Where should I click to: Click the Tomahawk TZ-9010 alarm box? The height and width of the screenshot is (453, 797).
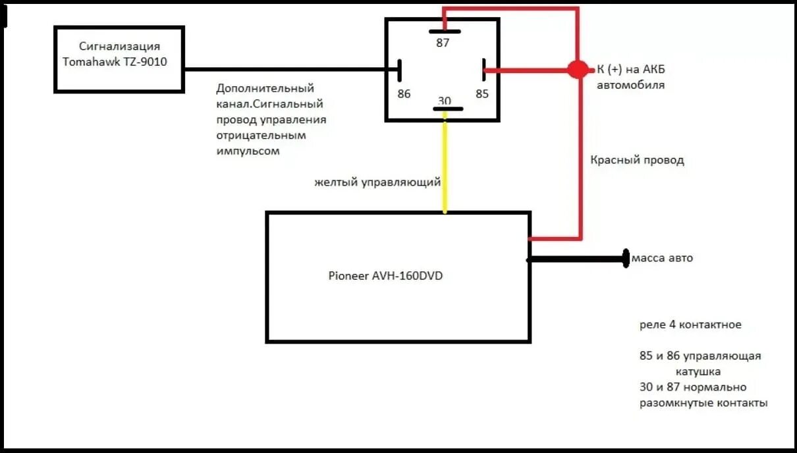pyautogui.click(x=119, y=59)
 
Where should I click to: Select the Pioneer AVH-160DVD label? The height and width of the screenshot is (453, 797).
pyautogui.click(x=385, y=276)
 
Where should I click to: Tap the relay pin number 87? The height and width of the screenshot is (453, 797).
pyautogui.click(x=443, y=43)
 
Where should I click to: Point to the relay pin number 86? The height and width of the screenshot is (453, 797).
pyautogui.click(x=404, y=93)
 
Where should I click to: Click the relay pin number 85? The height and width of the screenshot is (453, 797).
pyautogui.click(x=482, y=93)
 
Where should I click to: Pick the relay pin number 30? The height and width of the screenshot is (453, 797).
pyautogui.click(x=445, y=100)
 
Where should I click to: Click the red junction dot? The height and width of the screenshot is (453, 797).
pyautogui.click(x=578, y=69)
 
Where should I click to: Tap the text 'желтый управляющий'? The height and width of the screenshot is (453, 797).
pyautogui.click(x=377, y=182)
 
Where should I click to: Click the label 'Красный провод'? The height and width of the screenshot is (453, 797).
pyautogui.click(x=637, y=160)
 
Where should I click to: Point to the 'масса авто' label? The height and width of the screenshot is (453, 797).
pyautogui.click(x=662, y=258)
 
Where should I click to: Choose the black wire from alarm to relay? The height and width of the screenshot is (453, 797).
pyautogui.click(x=290, y=69)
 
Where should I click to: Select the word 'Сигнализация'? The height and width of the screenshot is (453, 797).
pyautogui.click(x=119, y=46)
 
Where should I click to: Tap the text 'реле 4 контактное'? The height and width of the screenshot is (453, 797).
pyautogui.click(x=690, y=325)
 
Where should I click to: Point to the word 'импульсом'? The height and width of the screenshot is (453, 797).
pyautogui.click(x=248, y=151)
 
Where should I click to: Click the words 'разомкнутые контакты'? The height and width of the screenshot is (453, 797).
pyautogui.click(x=703, y=403)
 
